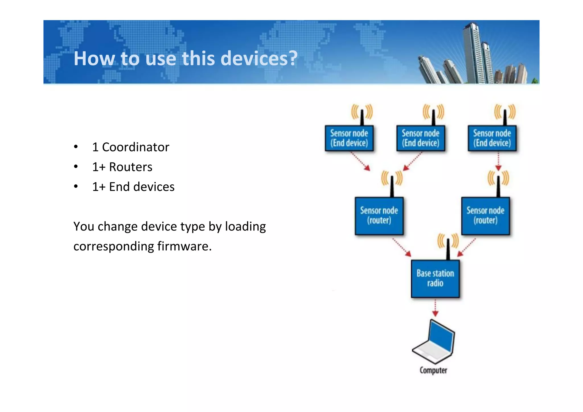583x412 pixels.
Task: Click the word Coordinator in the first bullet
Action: point(136,147)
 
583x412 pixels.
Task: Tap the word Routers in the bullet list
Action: point(131,167)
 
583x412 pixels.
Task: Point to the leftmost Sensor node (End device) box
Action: point(349,138)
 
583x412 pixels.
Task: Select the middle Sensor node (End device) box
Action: point(420,138)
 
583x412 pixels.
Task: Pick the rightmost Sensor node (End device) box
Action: point(492,138)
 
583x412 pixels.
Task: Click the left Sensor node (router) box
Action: point(379,216)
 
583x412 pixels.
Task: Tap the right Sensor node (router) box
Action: point(485,216)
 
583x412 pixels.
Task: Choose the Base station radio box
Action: point(435,279)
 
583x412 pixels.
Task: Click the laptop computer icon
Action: point(434,341)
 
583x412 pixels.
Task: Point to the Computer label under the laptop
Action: point(433,370)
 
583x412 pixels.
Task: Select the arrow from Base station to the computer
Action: point(435,308)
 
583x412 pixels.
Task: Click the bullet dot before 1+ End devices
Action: point(76,187)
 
